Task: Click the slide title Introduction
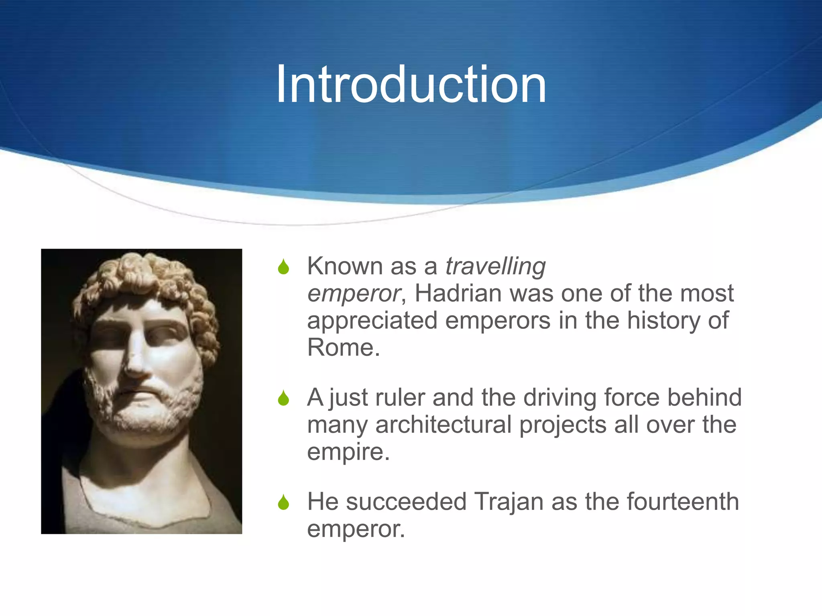[411, 85]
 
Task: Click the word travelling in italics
[495, 266]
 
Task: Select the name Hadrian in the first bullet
[458, 293]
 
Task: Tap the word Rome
[343, 347]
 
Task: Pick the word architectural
[443, 425]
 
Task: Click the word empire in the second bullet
[348, 452]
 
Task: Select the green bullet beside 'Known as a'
[283, 267]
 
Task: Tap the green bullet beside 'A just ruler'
[283, 398]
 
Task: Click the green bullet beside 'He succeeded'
[283, 502]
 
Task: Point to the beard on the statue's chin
[140, 417]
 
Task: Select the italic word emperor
[354, 293]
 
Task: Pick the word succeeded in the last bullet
[406, 502]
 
